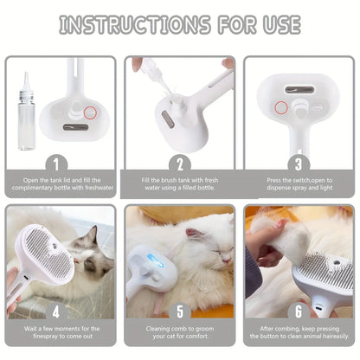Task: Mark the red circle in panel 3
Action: tap(281, 107)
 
